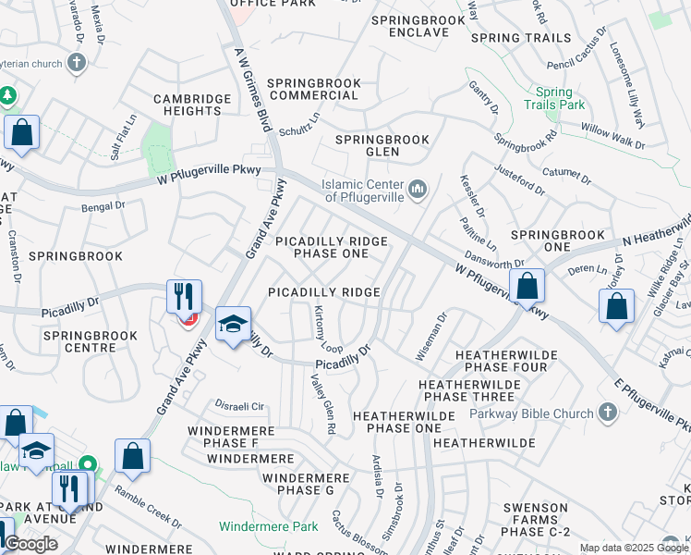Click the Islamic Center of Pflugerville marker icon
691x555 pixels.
click(418, 191)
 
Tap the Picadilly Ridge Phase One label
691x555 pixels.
click(331, 247)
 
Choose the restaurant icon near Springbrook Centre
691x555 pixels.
click(184, 297)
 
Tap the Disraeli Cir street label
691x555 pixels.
click(239, 406)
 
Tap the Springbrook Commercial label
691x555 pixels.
click(314, 90)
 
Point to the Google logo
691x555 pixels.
click(30, 544)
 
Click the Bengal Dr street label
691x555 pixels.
click(103, 208)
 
